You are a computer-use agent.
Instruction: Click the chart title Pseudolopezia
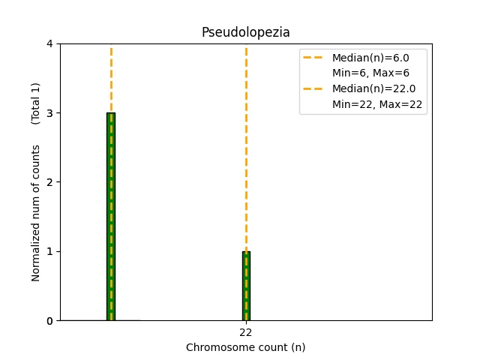(x=245, y=32)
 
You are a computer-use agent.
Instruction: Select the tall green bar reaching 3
(x=111, y=217)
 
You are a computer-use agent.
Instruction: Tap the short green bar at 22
(x=246, y=286)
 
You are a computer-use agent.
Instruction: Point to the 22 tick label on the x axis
(x=246, y=332)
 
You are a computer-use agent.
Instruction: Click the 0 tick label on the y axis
(x=49, y=321)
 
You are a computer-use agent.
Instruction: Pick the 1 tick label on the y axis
(x=49, y=251)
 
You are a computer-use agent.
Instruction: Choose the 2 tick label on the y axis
(x=49, y=182)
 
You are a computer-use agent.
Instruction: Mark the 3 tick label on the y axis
(x=49, y=113)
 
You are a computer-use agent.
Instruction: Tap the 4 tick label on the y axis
(x=49, y=44)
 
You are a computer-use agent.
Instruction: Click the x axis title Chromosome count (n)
(x=245, y=347)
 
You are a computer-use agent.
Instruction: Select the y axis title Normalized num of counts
(x=36, y=213)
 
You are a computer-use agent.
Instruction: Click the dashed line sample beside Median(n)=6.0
(x=315, y=58)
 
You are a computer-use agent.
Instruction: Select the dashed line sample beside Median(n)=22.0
(x=315, y=89)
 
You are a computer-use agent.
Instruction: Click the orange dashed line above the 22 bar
(x=246, y=150)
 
